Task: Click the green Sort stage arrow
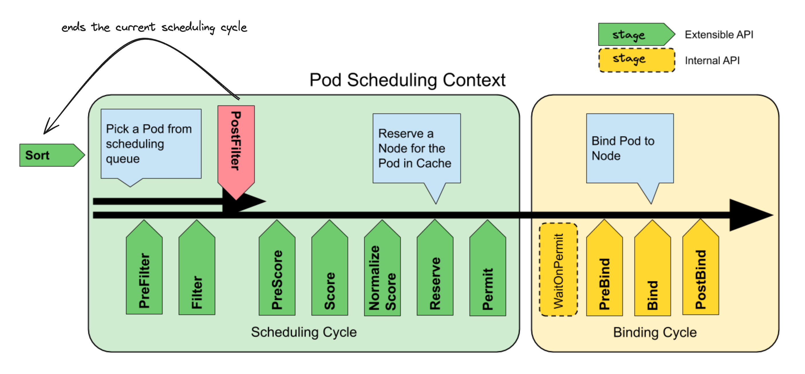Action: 52,155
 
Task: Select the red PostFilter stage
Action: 236,150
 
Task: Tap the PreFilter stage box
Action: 144,267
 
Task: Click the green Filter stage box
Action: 197,267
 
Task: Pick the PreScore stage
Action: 277,268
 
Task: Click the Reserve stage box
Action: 435,268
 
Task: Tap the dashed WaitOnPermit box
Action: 559,269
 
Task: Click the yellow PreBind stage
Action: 604,268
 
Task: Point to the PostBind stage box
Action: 701,267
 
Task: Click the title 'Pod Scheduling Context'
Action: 407,80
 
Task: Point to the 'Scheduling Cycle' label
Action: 304,332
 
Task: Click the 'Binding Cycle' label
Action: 655,332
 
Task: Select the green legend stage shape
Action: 637,34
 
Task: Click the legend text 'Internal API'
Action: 712,60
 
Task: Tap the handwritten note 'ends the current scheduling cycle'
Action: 154,27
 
